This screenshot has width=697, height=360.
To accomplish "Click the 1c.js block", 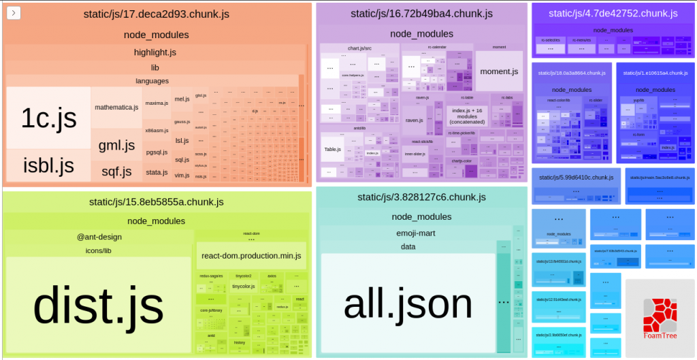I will point(48,118).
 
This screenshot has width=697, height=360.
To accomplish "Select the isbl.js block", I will point(48,165).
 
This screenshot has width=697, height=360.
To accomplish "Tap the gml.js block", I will point(116,144).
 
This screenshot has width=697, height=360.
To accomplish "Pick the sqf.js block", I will point(116,171).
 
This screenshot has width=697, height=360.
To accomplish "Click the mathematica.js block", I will point(116,108).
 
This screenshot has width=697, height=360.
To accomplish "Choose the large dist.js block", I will point(99,304).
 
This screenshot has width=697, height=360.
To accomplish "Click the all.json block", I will point(408,304).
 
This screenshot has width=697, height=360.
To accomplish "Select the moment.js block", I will point(499,71).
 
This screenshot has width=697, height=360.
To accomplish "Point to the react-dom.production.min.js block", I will point(250,255).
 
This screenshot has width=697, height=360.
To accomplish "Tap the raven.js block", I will point(415,120).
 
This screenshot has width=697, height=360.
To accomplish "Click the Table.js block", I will point(332,149).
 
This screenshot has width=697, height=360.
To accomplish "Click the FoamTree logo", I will point(660,318).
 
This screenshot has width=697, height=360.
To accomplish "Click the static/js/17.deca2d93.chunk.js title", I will point(156,14).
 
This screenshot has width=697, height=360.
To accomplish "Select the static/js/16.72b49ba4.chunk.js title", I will point(421,14).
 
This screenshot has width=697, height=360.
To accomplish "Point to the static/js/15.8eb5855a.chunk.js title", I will point(156,201).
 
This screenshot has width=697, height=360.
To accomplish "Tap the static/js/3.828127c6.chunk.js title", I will point(421,197).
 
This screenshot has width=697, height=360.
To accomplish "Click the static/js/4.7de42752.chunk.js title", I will point(613,14).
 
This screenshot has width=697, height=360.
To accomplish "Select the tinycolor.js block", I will point(243,287).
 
